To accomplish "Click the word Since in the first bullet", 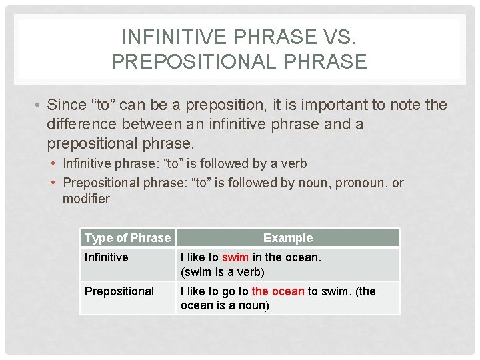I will tap(67, 105).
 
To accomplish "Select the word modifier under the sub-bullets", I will tap(86, 199).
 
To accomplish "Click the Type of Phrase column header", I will tap(127, 238).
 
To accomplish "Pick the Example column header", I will tap(288, 238).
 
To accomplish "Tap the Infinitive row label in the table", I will tap(106, 257).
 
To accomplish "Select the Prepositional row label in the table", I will tap(119, 291).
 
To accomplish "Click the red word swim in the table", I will tap(235, 257).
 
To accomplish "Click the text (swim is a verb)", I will tap(223, 272).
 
